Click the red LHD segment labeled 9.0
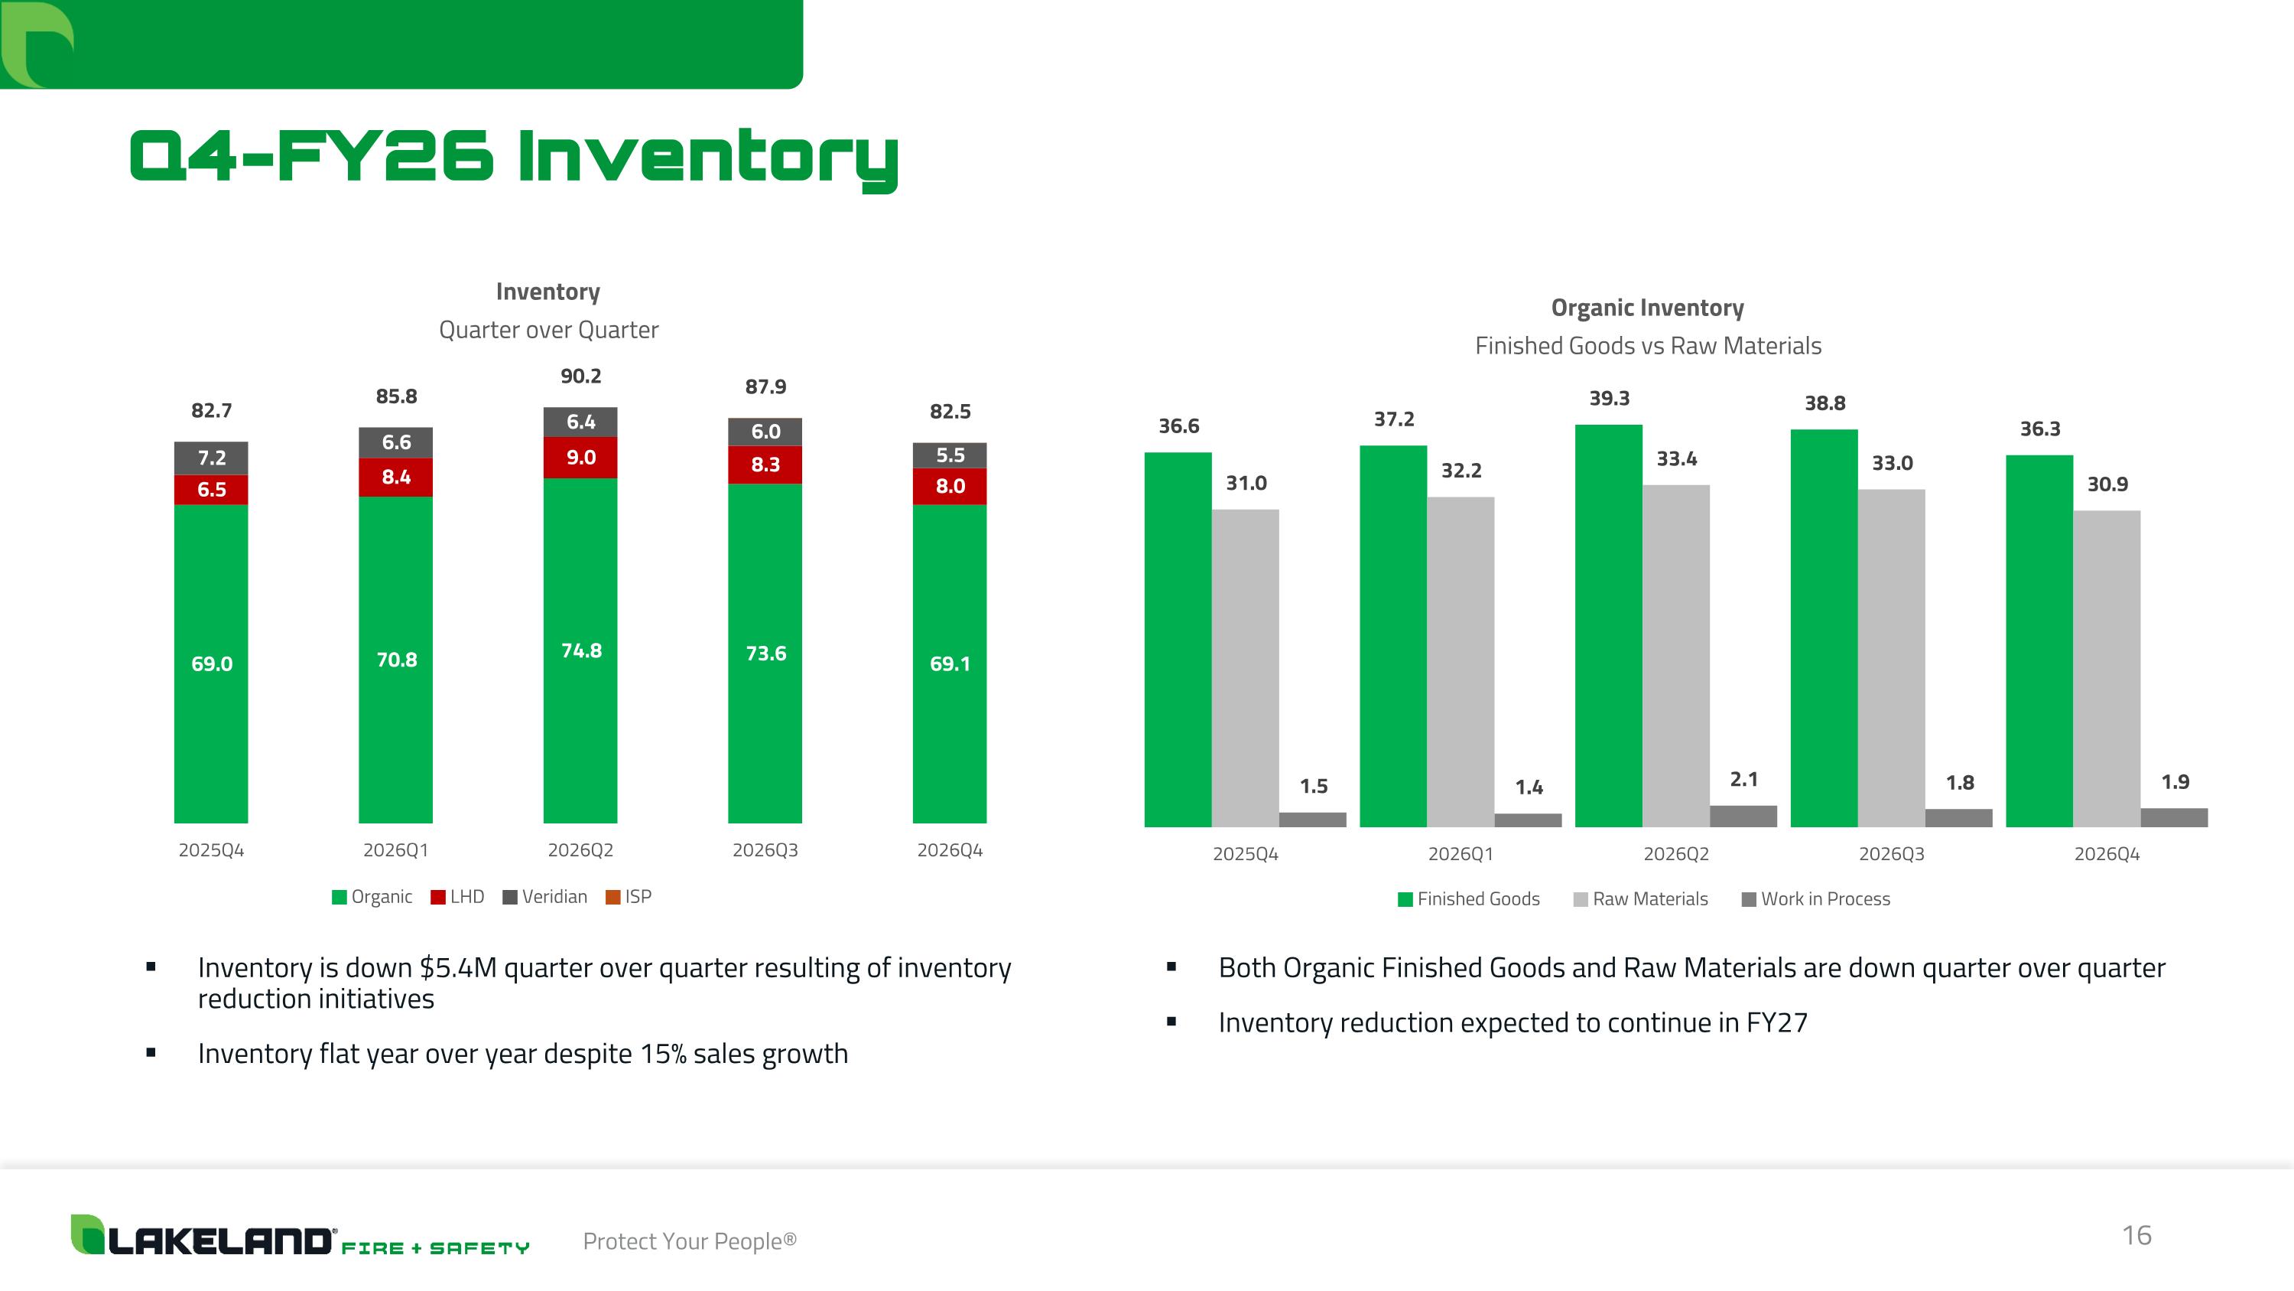(580, 457)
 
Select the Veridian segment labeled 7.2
(211, 458)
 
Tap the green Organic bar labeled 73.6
(765, 653)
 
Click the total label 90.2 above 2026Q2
(580, 376)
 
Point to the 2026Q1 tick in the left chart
(395, 850)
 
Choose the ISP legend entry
(629, 896)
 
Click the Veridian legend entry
(545, 896)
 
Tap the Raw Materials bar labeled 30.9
(2106, 668)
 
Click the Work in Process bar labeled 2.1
(1743, 816)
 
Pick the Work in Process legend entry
(1816, 899)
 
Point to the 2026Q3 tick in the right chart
(1892, 853)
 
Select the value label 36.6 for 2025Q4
(1178, 426)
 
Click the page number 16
(2136, 1235)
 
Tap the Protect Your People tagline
(689, 1241)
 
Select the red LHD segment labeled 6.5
(211, 489)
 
